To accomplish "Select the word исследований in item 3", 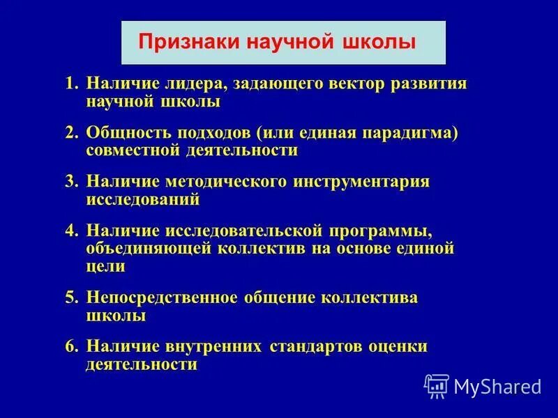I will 143,199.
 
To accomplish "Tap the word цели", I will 106,265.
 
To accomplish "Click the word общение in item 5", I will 279,297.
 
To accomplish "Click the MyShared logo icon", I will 437,385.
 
